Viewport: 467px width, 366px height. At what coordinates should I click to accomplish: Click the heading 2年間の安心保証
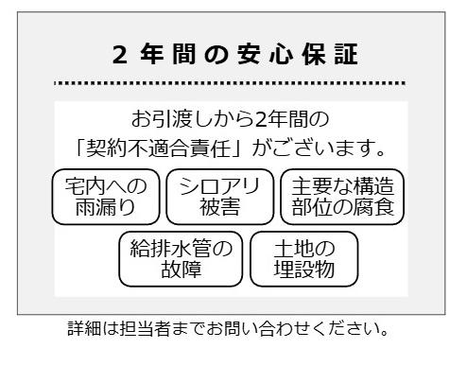click(x=233, y=55)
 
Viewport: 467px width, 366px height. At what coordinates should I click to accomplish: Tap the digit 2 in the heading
click(x=118, y=55)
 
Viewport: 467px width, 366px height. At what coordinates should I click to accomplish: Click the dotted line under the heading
click(x=233, y=82)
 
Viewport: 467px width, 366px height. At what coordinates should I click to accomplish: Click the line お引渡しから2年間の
click(x=233, y=120)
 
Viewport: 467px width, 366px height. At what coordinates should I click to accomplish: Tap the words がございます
click(x=318, y=148)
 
